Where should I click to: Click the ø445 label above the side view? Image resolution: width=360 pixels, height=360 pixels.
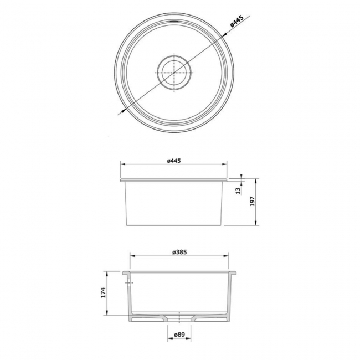click(x=174, y=161)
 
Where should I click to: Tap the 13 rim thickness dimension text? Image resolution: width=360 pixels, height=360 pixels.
click(x=238, y=192)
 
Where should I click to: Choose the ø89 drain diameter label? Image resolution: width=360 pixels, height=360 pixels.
click(x=178, y=335)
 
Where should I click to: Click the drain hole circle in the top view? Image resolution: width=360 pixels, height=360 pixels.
click(x=174, y=72)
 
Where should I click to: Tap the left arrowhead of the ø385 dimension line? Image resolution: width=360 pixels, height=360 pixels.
click(x=131, y=256)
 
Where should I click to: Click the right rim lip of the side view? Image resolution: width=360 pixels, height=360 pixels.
click(x=225, y=180)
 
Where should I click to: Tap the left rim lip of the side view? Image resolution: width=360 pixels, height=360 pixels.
click(x=122, y=180)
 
